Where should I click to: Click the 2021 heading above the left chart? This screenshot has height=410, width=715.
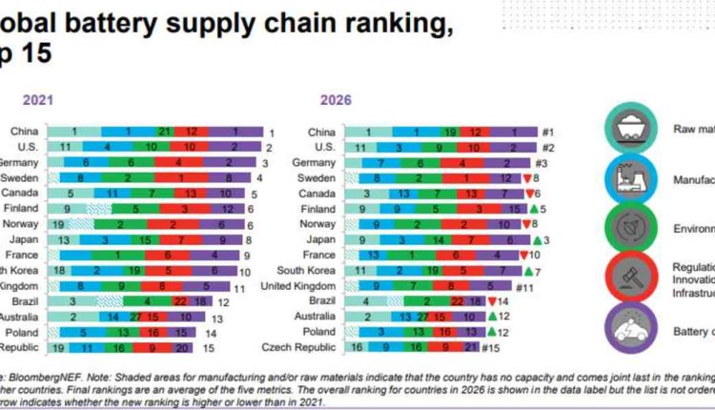[37, 98]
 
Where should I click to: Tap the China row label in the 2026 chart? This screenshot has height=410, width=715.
[323, 132]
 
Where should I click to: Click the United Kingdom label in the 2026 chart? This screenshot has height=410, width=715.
[306, 285]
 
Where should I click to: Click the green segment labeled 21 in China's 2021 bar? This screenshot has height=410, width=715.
[164, 132]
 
